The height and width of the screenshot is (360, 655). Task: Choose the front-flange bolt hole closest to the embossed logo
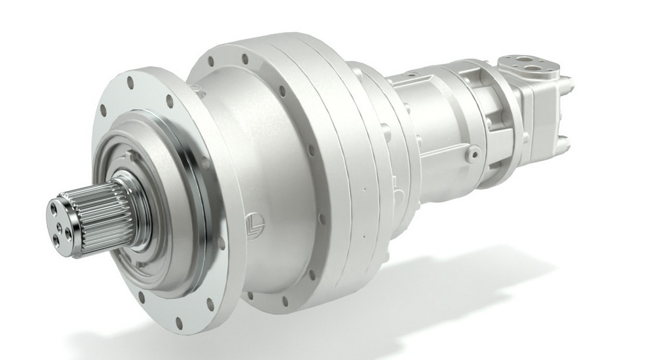221,243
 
